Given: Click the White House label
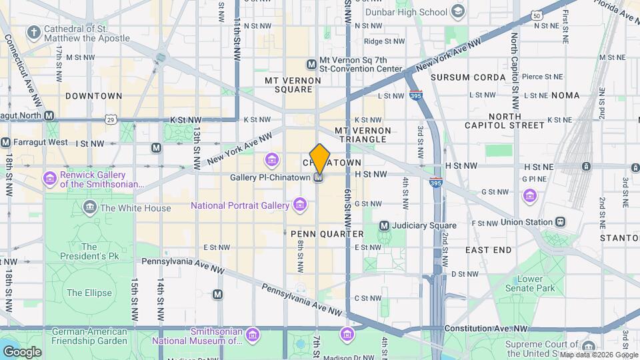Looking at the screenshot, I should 135,209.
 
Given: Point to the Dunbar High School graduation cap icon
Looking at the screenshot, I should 457,11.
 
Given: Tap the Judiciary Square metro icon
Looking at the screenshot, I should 384,225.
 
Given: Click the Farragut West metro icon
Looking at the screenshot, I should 6,142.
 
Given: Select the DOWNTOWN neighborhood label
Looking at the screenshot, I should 93,96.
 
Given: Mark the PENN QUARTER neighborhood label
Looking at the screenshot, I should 327,234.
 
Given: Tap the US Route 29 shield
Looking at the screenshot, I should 110,119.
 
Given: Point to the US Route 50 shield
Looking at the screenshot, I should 537,15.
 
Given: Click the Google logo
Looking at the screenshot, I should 22,351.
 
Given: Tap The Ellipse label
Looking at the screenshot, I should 84,293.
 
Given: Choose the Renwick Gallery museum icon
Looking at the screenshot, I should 49,178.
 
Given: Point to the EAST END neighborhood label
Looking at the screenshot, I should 488,250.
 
